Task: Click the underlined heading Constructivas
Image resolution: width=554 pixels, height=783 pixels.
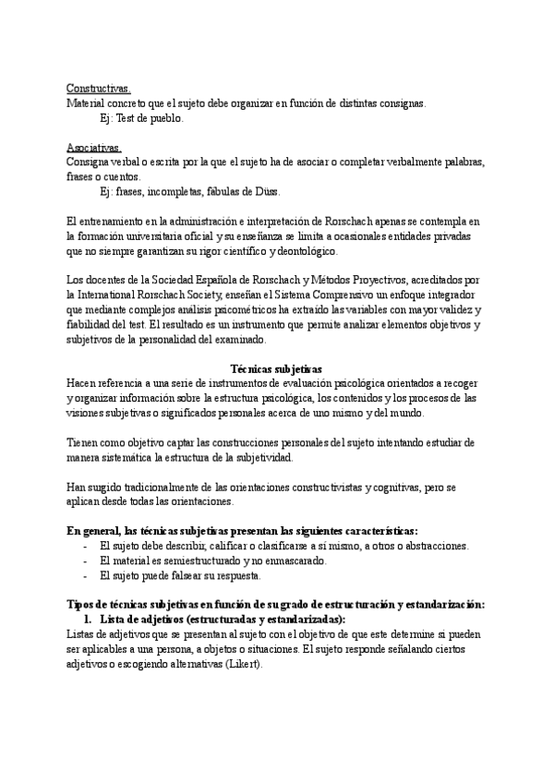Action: tap(99, 90)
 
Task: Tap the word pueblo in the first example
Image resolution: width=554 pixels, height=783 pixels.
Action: tap(166, 118)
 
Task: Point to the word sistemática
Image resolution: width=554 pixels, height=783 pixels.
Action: tap(130, 457)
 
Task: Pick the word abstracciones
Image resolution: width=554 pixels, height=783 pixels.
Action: tap(426, 546)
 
